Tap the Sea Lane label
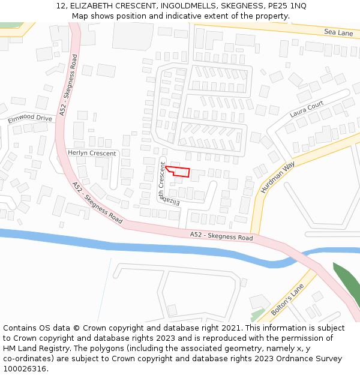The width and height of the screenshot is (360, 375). pyautogui.click(x=338, y=33)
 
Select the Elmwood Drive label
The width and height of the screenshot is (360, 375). pyautogui.click(x=30, y=118)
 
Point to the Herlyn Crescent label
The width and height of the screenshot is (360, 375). pyautogui.click(x=92, y=153)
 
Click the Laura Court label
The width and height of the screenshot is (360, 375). pyautogui.click(x=306, y=109)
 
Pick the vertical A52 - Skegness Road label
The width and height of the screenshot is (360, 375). pyautogui.click(x=67, y=85)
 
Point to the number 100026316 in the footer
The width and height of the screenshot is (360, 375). pyautogui.click(x=24, y=368)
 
